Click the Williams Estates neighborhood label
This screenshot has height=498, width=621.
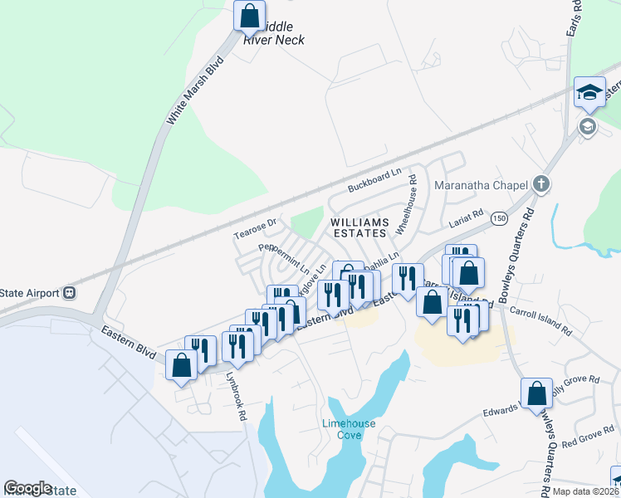coord(359,228)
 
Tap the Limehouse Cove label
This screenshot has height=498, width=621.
coord(349,429)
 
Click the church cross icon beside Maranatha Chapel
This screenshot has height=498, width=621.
coord(541,183)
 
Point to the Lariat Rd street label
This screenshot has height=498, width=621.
coord(466,219)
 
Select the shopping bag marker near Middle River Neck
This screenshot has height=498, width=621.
coord(249,16)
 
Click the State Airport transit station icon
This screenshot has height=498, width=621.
coord(70,292)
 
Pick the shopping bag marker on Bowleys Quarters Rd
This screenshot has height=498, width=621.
coord(536,393)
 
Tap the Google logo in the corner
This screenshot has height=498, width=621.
coord(27,488)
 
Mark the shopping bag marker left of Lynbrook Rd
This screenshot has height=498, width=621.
coord(181,365)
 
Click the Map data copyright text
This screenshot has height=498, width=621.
coord(585,491)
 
